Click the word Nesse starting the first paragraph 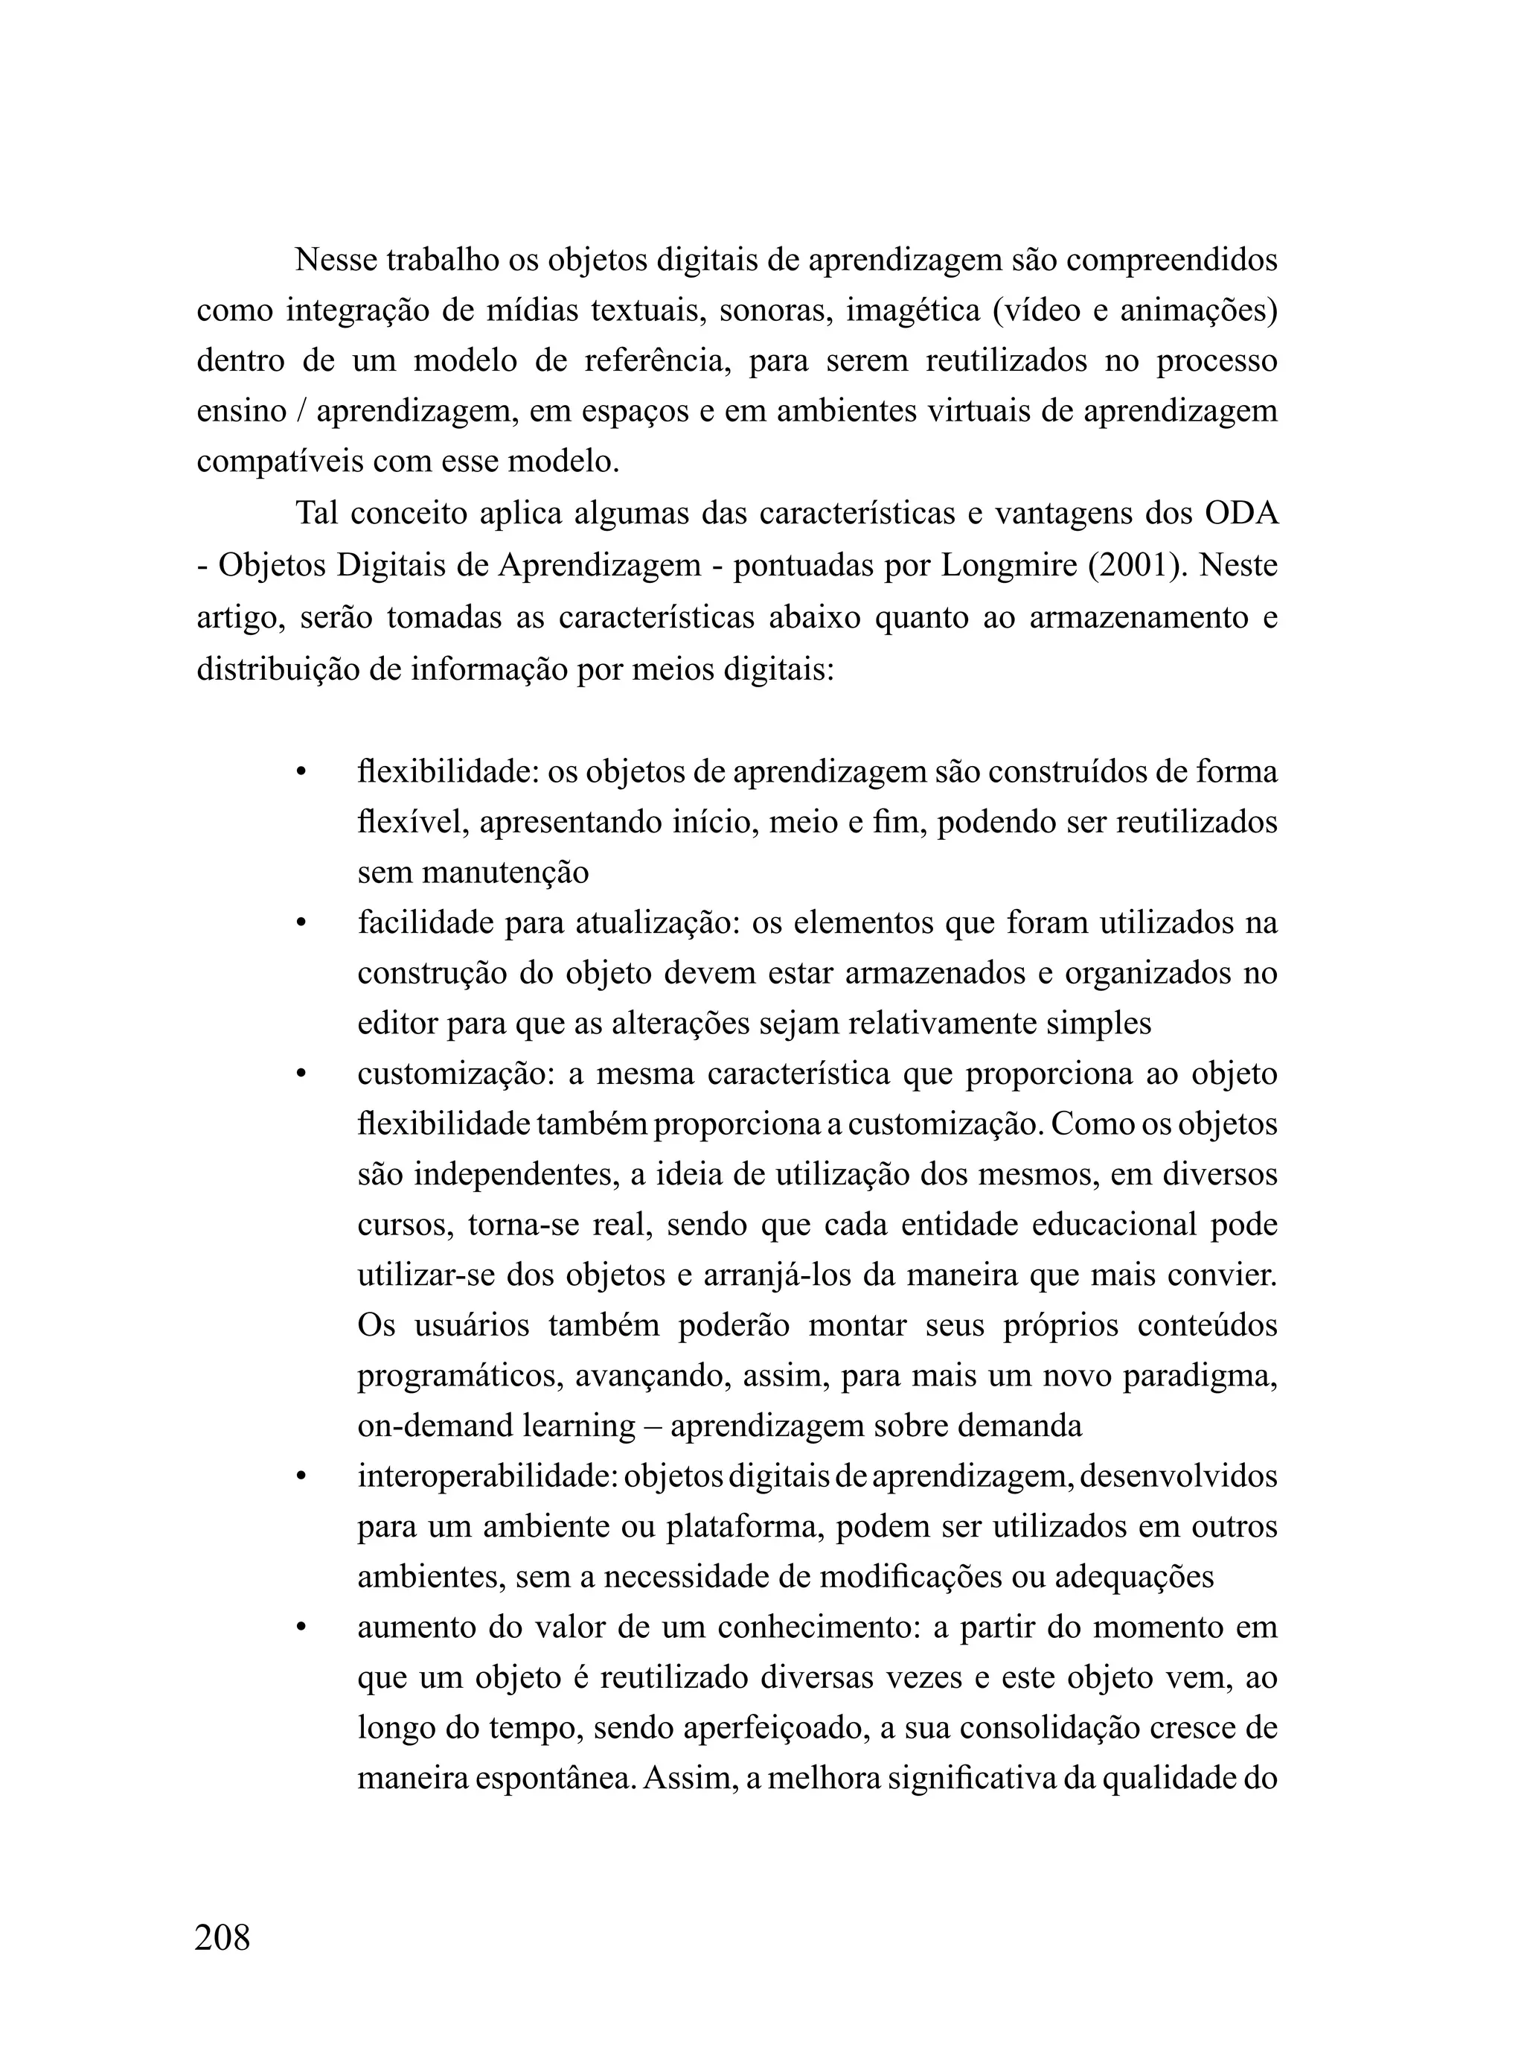[336, 261]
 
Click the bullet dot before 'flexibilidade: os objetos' [300, 772]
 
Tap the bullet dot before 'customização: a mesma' [300, 1075]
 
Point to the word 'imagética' [912, 311]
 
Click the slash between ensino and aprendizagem [301, 412]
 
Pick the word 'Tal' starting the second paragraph [316, 514]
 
